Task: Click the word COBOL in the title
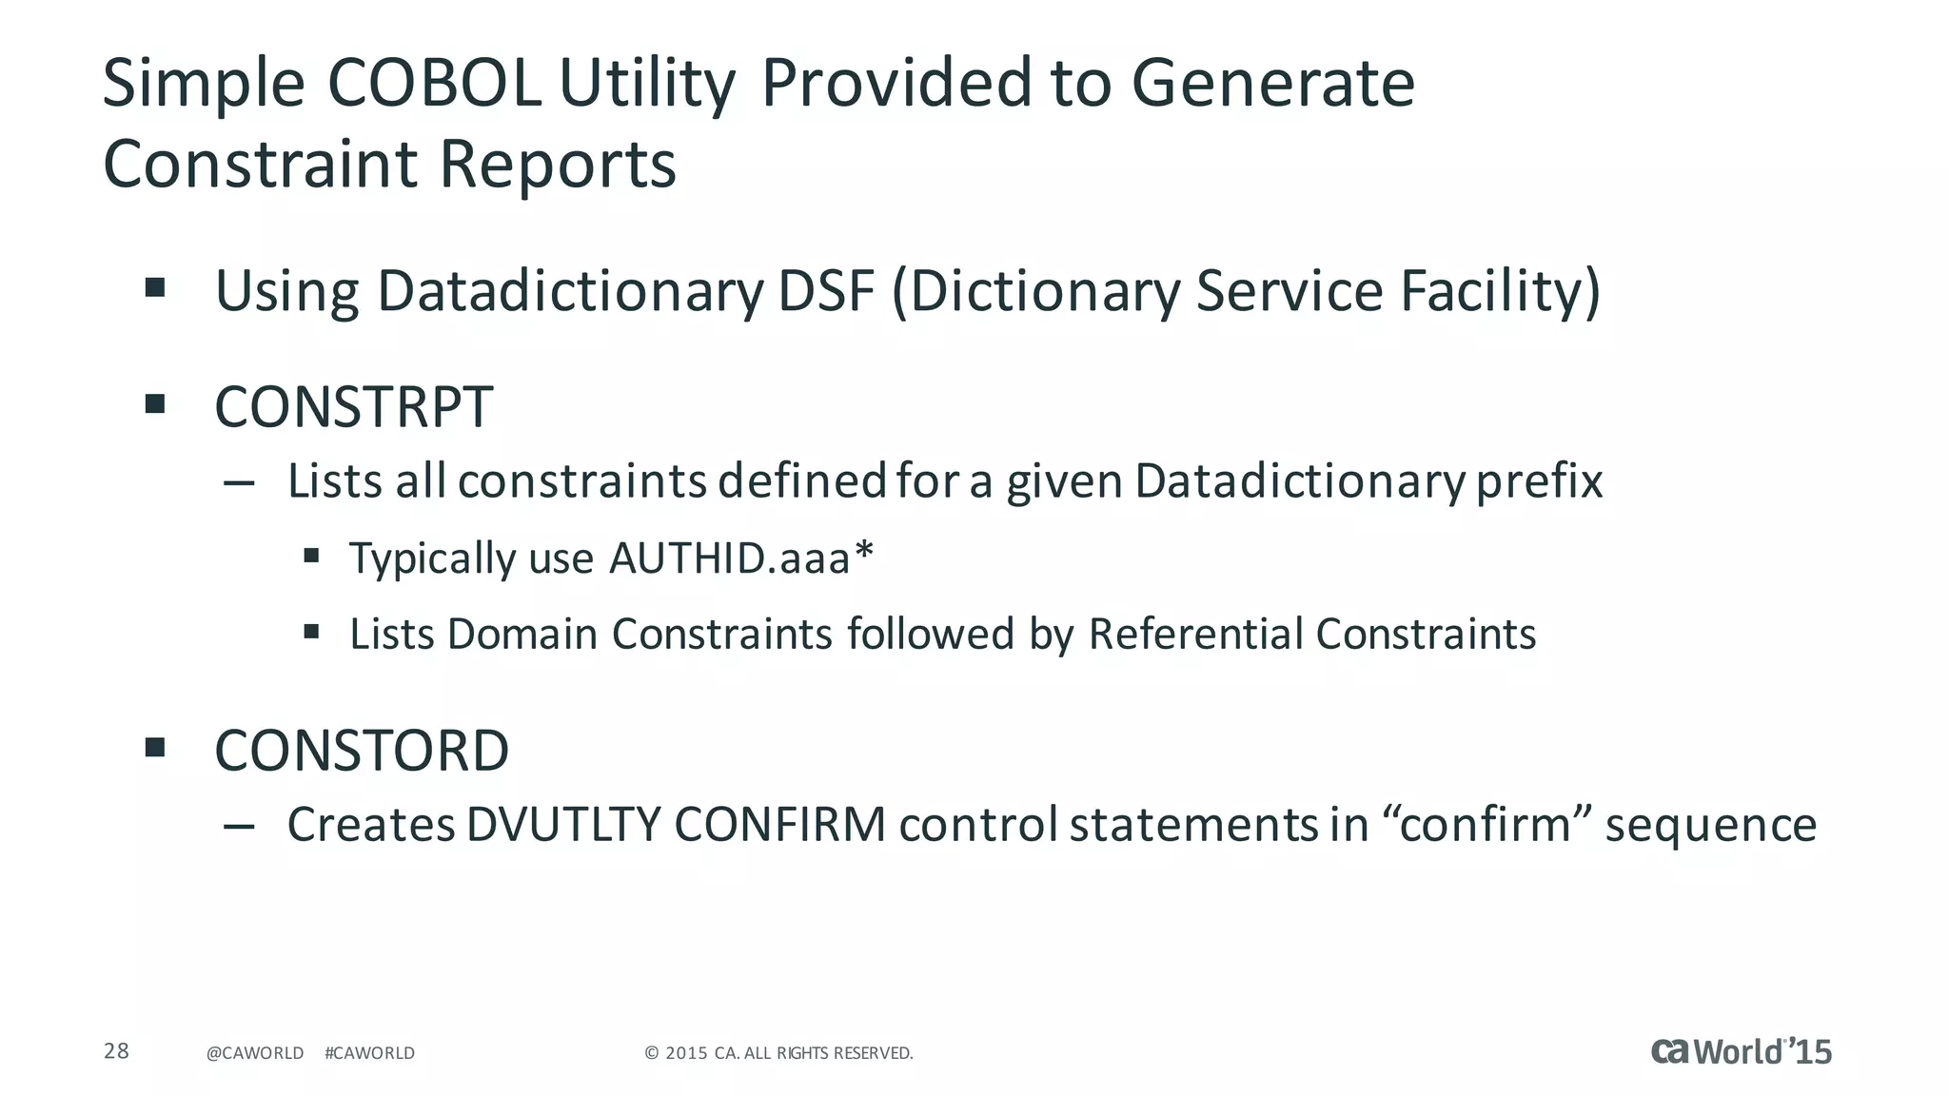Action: tap(435, 84)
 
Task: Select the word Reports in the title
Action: tap(557, 165)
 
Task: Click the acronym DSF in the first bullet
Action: tap(826, 291)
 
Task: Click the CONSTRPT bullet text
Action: tap(353, 407)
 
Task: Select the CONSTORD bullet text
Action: tap(362, 751)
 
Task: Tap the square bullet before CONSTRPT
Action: tap(155, 404)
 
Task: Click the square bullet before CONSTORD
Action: tap(155, 747)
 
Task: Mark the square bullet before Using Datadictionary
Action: tap(155, 287)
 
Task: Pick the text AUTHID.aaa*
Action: tap(740, 558)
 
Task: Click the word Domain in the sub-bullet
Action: tap(522, 634)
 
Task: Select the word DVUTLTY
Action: tap(563, 825)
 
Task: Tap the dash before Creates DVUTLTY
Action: tap(238, 826)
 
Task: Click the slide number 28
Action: tap(116, 1051)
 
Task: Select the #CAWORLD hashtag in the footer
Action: tap(369, 1053)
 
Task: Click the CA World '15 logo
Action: tap(1741, 1051)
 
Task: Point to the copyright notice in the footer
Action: tap(778, 1053)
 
